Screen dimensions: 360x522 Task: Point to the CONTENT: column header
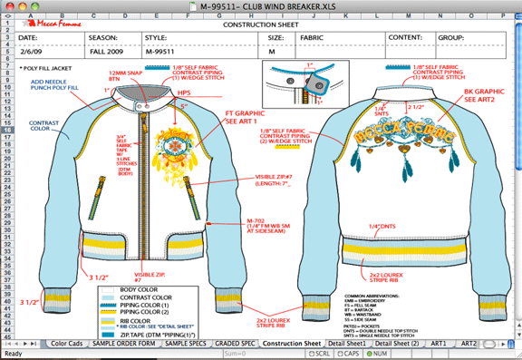(405, 38)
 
